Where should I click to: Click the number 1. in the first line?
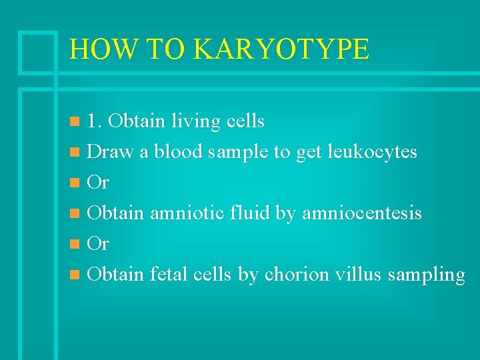click(95, 121)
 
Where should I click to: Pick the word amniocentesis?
click(362, 213)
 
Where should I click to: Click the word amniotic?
click(187, 213)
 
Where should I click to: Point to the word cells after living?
click(245, 121)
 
